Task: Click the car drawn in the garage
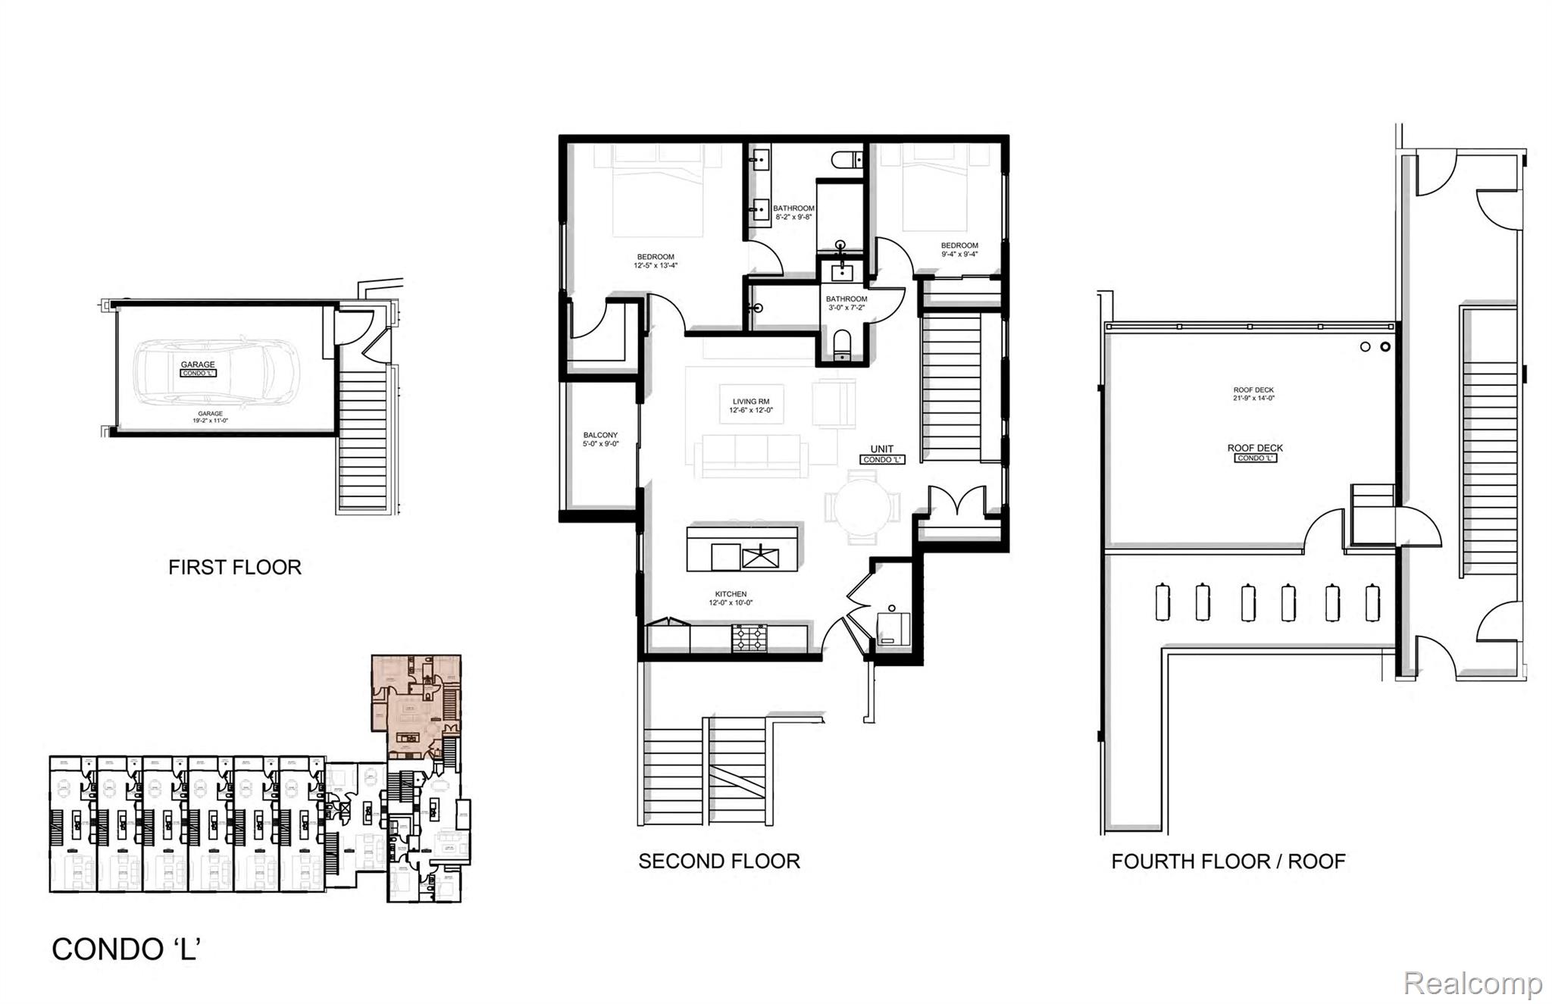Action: coord(216,371)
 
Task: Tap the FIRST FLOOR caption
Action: coord(235,568)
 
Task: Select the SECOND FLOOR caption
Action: coord(719,862)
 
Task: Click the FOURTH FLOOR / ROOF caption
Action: coord(1228,862)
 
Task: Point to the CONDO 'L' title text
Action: coord(126,949)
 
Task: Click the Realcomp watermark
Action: coord(1472,984)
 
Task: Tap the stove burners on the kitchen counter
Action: coord(749,638)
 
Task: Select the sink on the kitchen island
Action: coord(760,558)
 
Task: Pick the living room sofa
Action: coord(750,455)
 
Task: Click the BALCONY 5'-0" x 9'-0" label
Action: coord(600,439)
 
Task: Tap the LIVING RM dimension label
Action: coord(751,405)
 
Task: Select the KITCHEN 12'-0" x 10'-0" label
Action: coord(731,599)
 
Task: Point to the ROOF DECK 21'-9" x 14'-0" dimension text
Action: coord(1253,394)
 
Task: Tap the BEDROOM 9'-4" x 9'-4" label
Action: coord(959,249)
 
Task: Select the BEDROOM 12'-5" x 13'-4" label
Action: coord(656,261)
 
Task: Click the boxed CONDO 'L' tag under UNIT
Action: coord(882,460)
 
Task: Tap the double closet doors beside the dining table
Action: coord(958,502)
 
